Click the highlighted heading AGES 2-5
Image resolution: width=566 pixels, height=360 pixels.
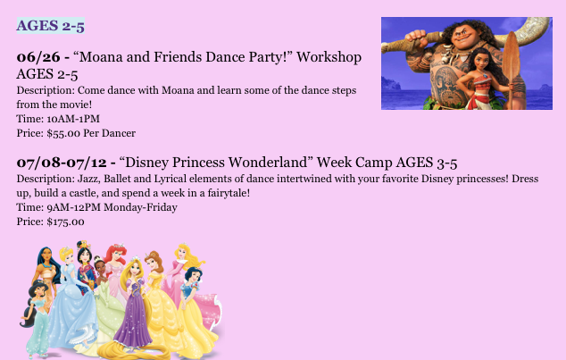click(51, 26)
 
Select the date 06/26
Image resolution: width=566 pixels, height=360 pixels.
click(38, 56)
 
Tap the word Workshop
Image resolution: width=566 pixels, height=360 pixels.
click(329, 56)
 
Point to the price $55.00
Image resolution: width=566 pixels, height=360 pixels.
click(63, 133)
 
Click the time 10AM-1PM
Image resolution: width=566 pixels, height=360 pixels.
click(73, 119)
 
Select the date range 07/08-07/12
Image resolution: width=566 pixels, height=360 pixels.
click(62, 162)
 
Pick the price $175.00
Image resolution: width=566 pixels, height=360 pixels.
click(66, 222)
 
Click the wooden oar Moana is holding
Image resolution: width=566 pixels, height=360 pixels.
click(512, 69)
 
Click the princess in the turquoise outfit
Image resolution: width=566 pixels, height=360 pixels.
click(36, 318)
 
